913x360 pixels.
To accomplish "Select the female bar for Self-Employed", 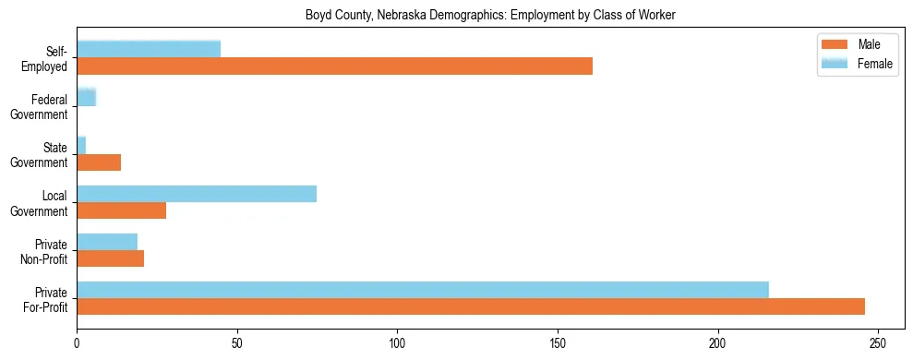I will [149, 49].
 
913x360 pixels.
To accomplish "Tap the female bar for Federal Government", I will [86, 97].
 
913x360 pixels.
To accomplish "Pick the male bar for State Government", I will [99, 162].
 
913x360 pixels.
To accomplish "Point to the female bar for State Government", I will [81, 145].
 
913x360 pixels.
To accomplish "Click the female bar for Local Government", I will [197, 193].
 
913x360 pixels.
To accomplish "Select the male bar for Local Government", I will [121, 210].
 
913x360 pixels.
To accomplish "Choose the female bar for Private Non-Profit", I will [107, 242].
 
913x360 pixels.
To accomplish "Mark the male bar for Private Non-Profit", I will [110, 258].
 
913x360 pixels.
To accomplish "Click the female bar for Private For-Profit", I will [423, 290].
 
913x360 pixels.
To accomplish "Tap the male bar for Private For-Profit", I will [471, 306].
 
